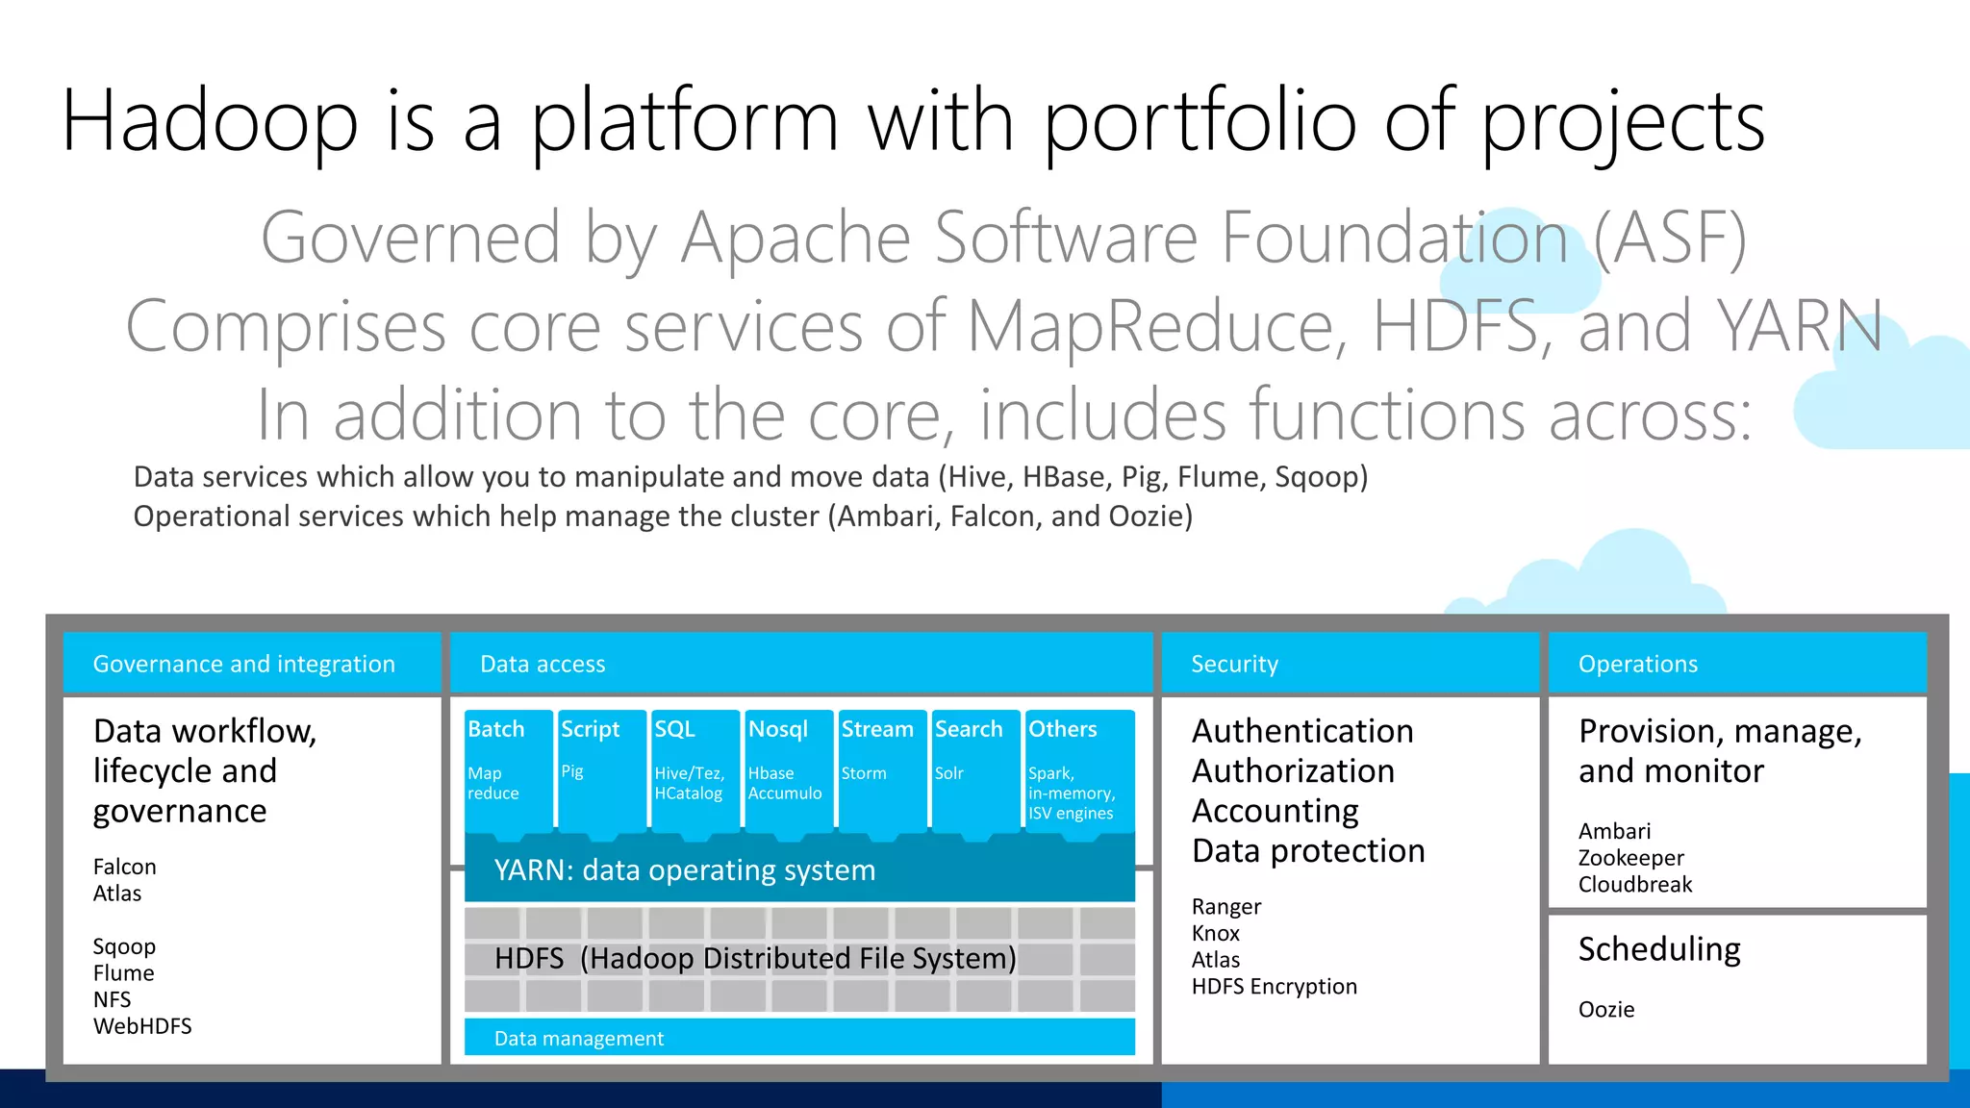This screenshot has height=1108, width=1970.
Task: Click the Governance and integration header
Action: [243, 664]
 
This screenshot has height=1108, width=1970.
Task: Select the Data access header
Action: [543, 664]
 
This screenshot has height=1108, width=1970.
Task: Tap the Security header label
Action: [1234, 664]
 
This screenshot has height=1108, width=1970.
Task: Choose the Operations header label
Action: [1637, 664]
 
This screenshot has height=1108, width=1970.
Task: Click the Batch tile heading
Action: [496, 729]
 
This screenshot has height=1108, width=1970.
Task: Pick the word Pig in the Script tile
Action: [572, 771]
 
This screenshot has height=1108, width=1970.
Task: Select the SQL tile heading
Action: [674, 729]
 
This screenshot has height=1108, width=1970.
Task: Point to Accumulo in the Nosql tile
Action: [785, 793]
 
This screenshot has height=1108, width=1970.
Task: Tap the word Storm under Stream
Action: [864, 773]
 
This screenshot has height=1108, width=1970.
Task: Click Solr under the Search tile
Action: [948, 773]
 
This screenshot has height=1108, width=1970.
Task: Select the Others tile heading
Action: [1062, 729]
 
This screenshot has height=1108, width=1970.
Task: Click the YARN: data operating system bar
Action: [684, 870]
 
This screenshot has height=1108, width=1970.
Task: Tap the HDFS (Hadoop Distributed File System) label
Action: [755, 959]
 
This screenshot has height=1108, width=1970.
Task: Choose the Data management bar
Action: [579, 1039]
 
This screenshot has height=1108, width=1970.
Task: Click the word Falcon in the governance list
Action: [124, 867]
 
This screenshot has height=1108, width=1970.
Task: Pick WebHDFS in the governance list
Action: [142, 1026]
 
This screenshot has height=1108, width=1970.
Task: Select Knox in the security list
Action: [1216, 933]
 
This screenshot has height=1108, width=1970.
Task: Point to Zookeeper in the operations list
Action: [1630, 858]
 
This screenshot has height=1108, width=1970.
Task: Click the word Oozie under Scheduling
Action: [1605, 1010]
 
